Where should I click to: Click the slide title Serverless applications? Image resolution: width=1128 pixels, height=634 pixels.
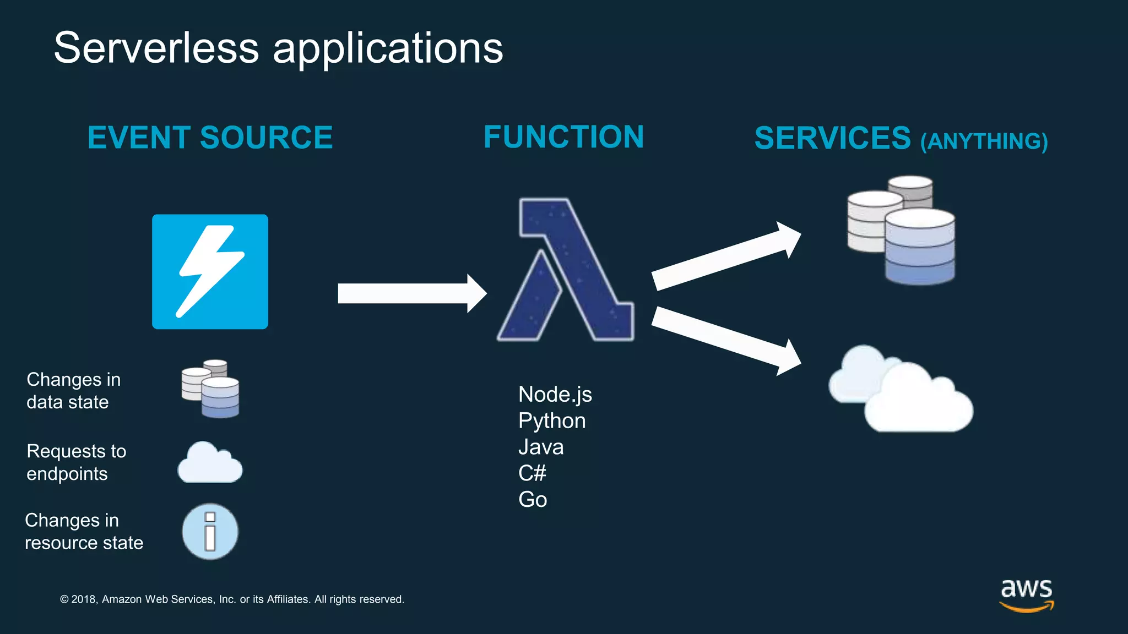click(x=278, y=48)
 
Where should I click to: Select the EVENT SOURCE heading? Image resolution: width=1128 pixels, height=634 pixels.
click(x=210, y=138)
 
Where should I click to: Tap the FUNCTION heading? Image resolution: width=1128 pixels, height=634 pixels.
click(x=563, y=137)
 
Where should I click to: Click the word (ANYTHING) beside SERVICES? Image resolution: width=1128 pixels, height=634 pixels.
click(x=984, y=141)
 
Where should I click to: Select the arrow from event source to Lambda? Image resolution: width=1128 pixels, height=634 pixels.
click(x=410, y=293)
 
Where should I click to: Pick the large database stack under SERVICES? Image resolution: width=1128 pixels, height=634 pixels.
click(x=903, y=231)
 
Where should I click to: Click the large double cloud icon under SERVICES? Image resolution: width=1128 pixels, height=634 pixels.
click(x=903, y=391)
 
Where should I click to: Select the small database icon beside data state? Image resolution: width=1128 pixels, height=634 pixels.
click(x=210, y=389)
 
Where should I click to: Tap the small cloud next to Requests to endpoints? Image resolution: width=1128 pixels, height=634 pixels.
click(x=210, y=463)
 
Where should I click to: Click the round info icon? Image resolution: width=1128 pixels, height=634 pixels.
click(x=210, y=532)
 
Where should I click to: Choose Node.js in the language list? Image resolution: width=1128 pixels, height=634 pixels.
click(x=555, y=395)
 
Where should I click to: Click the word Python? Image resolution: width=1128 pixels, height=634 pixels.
click(x=551, y=421)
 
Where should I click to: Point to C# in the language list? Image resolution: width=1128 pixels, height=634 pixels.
click(x=532, y=473)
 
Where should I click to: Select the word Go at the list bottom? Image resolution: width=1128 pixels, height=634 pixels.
click(x=532, y=500)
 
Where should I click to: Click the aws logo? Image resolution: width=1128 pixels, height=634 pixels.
click(x=1026, y=594)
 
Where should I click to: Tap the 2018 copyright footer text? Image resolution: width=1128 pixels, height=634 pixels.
click(x=232, y=599)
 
